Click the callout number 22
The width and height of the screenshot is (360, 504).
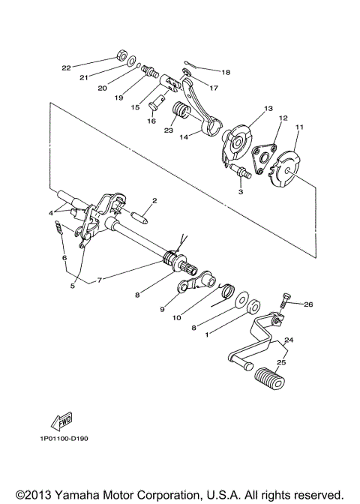point(66,67)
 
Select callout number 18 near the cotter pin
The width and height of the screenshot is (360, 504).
point(226,72)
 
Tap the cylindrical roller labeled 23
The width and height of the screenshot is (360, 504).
point(181,117)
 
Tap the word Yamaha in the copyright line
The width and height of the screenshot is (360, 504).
point(74,494)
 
